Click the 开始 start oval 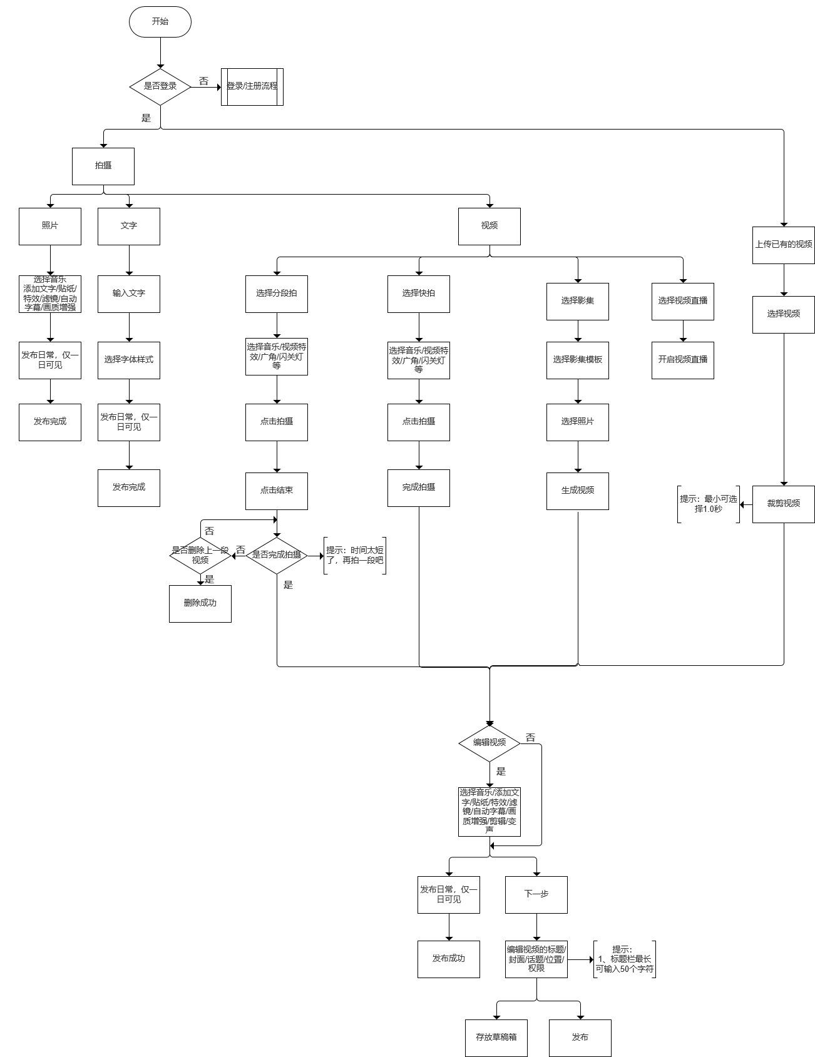click(160, 21)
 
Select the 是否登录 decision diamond click(160, 86)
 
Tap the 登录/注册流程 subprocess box click(252, 86)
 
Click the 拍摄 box click(103, 166)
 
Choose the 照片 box click(50, 226)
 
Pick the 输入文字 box click(129, 294)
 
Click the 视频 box click(490, 226)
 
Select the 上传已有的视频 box click(784, 245)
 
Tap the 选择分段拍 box click(277, 294)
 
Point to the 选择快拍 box click(419, 294)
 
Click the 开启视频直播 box click(683, 360)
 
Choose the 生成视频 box click(578, 491)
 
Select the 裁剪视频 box click(784, 504)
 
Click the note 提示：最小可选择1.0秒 click(709, 504)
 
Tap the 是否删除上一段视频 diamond click(200, 555)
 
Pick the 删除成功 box click(200, 603)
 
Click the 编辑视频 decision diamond click(490, 743)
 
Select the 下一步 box click(536, 894)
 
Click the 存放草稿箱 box click(496, 1037)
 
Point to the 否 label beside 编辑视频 click(531, 738)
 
